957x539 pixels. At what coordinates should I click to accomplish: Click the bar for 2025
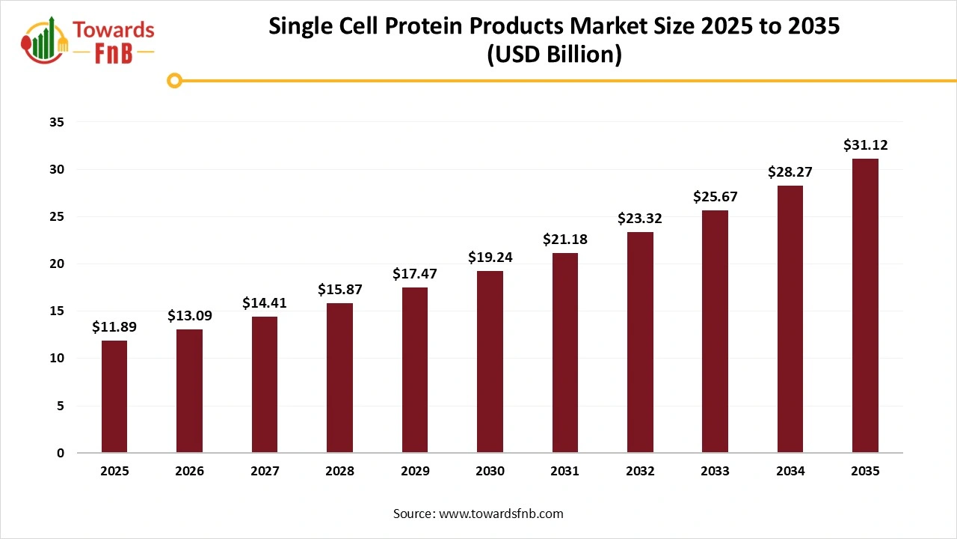[114, 397]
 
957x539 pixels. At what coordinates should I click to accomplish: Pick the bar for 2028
[339, 377]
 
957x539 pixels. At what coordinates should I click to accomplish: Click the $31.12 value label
[865, 145]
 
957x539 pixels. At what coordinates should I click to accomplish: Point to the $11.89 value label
[114, 327]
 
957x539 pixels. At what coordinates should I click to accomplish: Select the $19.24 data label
[490, 258]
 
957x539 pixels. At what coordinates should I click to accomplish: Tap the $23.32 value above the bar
[640, 219]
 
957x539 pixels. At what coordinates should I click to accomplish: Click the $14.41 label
[265, 303]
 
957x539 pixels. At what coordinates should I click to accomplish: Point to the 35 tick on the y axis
[57, 122]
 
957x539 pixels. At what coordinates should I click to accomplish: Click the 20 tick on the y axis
[57, 264]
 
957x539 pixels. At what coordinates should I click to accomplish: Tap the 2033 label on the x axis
[715, 472]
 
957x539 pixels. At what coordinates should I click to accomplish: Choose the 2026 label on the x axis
[190, 472]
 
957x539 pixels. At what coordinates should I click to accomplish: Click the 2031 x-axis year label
[564, 472]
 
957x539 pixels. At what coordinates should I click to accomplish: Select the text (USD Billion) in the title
[554, 55]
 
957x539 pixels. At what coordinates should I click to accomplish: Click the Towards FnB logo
[88, 40]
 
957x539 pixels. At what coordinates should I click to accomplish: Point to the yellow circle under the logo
[175, 81]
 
